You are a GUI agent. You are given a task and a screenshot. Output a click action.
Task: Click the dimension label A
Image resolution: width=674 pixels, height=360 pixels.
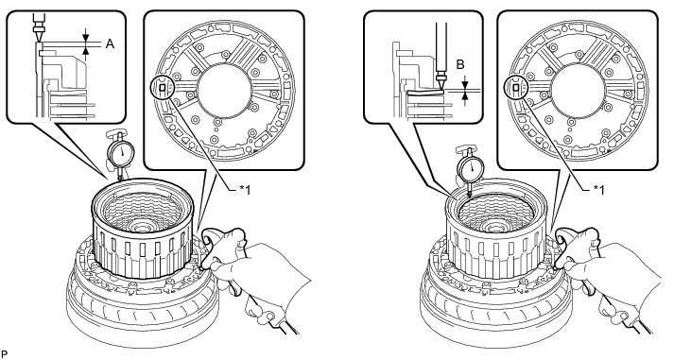(110, 43)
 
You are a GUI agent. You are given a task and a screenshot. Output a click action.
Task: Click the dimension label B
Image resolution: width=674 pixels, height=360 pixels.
(460, 65)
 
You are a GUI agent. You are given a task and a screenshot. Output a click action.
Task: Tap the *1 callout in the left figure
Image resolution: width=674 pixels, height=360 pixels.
(243, 190)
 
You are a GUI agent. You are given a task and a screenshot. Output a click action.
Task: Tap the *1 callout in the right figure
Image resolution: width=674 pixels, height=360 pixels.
(597, 190)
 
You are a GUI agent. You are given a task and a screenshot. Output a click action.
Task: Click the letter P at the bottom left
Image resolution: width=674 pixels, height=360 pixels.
(5, 354)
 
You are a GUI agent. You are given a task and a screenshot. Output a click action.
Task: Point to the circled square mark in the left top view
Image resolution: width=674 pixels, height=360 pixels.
(162, 88)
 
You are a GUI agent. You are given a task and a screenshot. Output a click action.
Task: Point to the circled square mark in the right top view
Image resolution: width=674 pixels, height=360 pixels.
(515, 88)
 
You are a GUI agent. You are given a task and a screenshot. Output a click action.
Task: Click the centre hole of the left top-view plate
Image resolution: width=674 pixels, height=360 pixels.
(224, 91)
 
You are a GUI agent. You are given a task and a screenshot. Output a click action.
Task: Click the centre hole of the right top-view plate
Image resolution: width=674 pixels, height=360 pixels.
(578, 91)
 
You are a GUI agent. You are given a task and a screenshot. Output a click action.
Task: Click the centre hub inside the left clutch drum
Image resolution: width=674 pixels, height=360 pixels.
(141, 225)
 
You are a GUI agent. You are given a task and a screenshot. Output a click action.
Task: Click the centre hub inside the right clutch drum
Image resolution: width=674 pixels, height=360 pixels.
(494, 225)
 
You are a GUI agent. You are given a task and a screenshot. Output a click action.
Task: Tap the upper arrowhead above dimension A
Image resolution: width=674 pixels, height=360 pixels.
(85, 37)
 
